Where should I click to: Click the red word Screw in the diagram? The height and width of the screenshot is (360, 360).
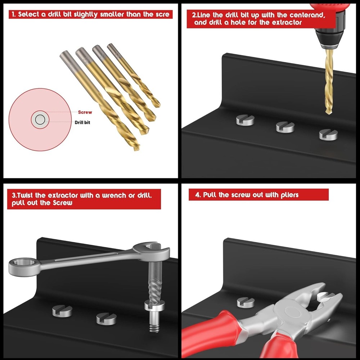pos(85,112)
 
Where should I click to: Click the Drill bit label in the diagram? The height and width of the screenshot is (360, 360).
pos(82,122)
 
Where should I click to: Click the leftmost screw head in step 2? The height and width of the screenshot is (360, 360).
pos(245,120)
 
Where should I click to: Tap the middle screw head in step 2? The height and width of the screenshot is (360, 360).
pos(285,127)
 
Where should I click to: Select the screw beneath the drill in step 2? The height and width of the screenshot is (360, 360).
pos(328,135)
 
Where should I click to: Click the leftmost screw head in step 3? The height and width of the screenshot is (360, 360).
pos(62,311)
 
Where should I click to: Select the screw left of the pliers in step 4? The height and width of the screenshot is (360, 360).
pos(246,302)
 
